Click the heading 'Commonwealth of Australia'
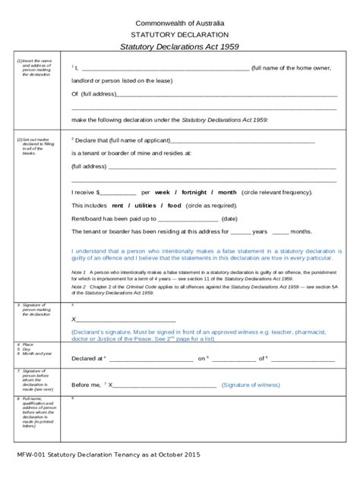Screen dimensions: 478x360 click(x=179, y=24)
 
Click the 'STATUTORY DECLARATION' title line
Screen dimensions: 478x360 click(x=179, y=35)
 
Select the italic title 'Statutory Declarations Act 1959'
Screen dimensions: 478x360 click(x=179, y=47)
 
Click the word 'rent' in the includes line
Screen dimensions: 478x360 click(x=118, y=206)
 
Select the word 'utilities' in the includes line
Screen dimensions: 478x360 click(x=144, y=206)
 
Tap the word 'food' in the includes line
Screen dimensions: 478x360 click(x=174, y=206)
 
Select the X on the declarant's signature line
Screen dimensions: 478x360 click(x=74, y=319)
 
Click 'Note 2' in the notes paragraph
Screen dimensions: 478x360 click(x=78, y=288)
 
